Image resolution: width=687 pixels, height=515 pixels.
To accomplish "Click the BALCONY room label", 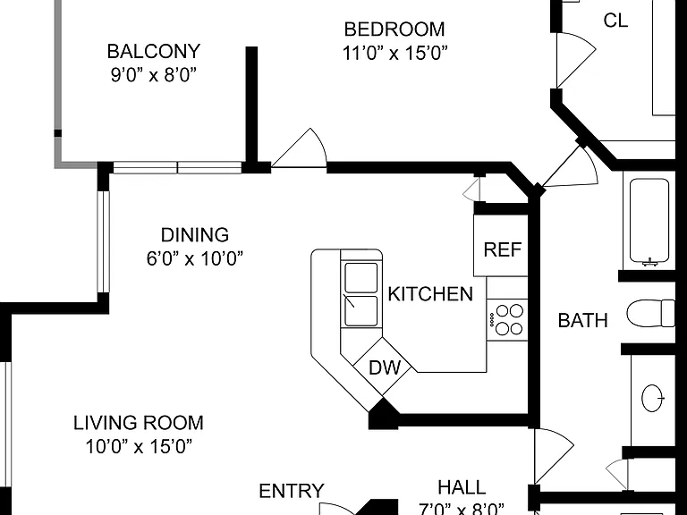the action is [153, 51].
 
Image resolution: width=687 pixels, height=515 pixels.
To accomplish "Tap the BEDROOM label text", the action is [394, 30].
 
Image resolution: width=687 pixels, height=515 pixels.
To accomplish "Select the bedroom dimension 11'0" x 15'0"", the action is [394, 53].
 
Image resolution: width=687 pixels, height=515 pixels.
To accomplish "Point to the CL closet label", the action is [615, 21].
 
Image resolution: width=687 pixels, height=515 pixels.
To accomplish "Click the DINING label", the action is [194, 235].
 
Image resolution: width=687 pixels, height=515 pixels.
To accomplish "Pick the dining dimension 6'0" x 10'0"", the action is [194, 258].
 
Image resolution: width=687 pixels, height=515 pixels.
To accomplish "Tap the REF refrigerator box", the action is [501, 245].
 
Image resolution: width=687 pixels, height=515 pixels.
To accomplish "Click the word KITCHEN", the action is [430, 294].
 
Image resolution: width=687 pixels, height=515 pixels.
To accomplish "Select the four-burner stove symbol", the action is [507, 320].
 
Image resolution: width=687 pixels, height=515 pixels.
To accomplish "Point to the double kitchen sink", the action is [361, 294].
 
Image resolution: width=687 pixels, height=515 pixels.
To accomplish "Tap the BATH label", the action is [582, 321].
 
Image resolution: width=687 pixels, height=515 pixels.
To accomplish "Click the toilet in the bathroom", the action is [650, 313].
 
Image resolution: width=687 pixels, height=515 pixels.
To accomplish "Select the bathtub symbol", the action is [649, 222].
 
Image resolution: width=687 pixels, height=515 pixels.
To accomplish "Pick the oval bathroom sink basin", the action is [653, 399].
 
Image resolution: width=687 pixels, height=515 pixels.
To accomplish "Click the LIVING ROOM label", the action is [139, 423].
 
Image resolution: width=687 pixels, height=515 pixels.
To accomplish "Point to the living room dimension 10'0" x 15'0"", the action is [139, 447].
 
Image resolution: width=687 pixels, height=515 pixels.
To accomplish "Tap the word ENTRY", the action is [292, 491].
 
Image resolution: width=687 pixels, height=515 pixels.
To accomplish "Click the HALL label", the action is [462, 487].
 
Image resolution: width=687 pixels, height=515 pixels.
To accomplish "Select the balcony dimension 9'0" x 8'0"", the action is [153, 75].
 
